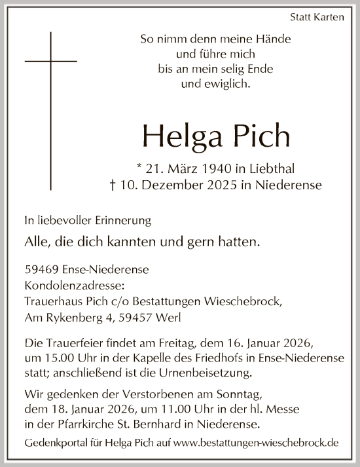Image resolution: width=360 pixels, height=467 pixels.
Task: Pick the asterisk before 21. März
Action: (x=151, y=167)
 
